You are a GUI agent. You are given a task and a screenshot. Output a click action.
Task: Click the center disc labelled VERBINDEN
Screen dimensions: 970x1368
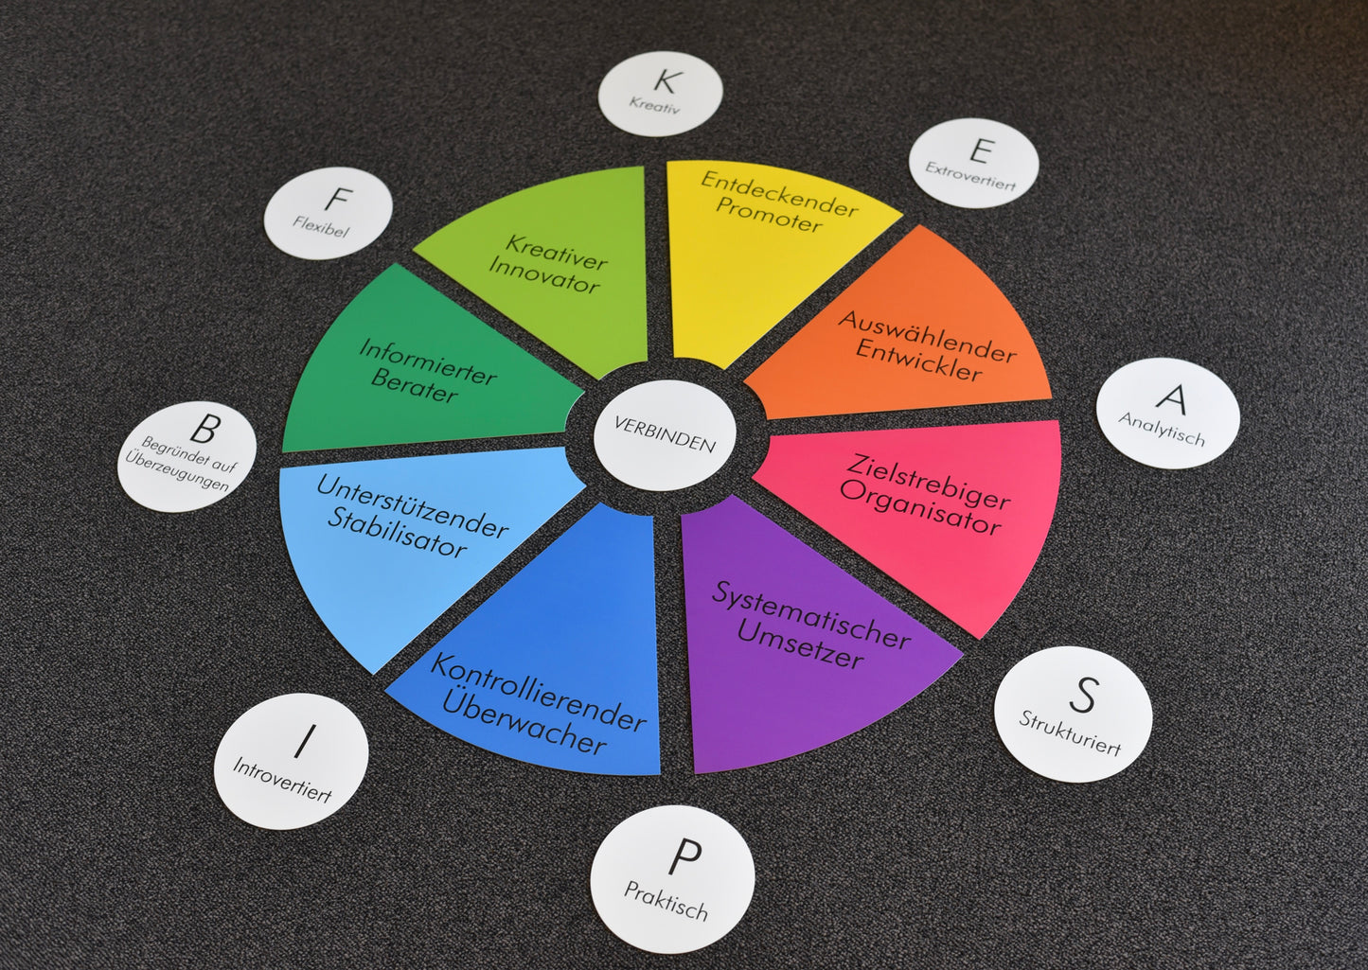click(665, 434)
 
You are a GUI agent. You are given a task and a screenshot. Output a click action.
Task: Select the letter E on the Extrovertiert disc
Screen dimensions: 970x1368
click(981, 150)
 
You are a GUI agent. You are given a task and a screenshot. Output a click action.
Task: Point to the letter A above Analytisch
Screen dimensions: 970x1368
click(1172, 398)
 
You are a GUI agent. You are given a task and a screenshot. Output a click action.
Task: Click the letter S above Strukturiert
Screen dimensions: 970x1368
click(1082, 696)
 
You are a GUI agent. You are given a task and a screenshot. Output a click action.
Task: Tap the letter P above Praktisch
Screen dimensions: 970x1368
click(683, 858)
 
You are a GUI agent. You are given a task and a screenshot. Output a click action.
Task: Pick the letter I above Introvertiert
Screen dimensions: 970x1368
click(304, 740)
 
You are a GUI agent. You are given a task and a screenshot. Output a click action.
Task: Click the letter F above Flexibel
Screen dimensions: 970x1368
click(337, 201)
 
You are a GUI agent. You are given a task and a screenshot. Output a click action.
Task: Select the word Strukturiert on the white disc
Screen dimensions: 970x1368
click(1070, 733)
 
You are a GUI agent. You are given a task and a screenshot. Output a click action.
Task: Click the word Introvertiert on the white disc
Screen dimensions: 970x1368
click(282, 780)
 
